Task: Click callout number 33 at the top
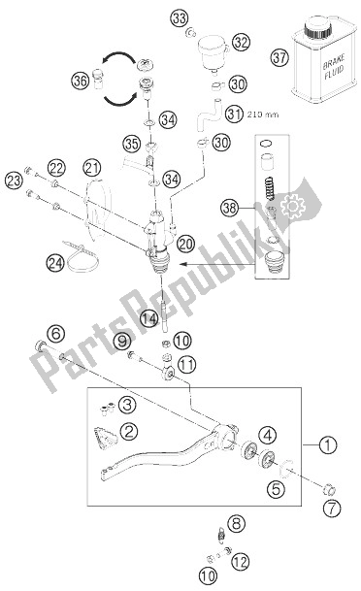(x=179, y=18)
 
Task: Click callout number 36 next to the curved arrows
(x=80, y=82)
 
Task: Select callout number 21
(x=91, y=168)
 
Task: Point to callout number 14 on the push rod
(x=148, y=318)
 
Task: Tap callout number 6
(x=55, y=334)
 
